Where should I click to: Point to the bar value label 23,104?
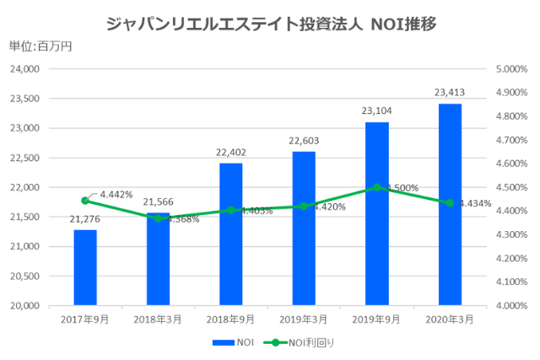[377, 110]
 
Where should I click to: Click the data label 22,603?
[304, 140]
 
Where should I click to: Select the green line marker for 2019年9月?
[377, 187]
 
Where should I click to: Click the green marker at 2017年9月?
[85, 201]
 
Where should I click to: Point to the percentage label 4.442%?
[116, 195]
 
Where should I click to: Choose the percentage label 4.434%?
[474, 203]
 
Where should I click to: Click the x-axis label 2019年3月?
[304, 320]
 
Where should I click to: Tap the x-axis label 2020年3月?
[450, 320]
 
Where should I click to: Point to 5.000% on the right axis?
[510, 69]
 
